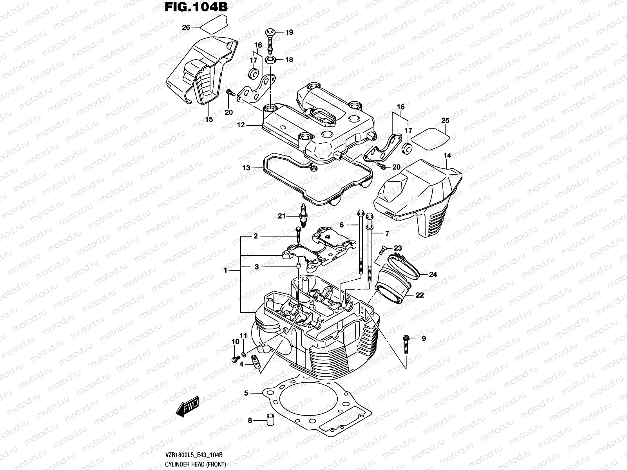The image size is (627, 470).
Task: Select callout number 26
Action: pos(186,27)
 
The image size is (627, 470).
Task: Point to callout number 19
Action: pos(289,33)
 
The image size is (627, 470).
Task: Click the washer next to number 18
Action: pos(270,60)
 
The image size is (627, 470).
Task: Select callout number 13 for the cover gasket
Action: pos(246,168)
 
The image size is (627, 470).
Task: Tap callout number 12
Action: pos(241,125)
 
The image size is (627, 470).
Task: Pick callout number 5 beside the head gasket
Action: pos(246,393)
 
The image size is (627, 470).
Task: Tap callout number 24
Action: pos(432,275)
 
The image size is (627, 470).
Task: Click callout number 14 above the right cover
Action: pos(447,155)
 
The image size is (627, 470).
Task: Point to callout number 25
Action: pos(445,120)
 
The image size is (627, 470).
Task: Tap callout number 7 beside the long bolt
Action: pos(387,233)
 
